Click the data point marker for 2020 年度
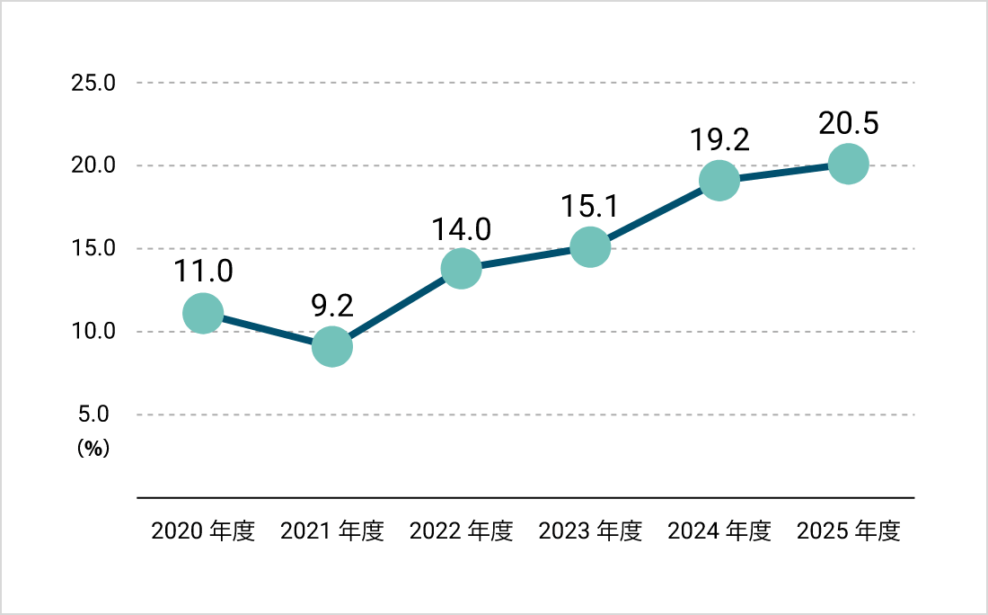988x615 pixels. (x=203, y=313)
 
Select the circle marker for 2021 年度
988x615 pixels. (x=332, y=346)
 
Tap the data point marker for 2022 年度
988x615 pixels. (x=462, y=268)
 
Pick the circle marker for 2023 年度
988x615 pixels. (x=590, y=246)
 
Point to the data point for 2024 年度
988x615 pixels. (x=719, y=180)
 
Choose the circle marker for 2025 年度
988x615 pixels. (x=848, y=164)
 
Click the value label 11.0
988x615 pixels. (x=203, y=272)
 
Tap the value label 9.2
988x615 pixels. (x=332, y=306)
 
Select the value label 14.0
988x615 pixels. (x=462, y=229)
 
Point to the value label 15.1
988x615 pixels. (x=590, y=206)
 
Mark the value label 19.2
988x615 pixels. (x=719, y=139)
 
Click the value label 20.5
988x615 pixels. (x=848, y=123)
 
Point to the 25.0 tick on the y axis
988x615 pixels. (x=93, y=83)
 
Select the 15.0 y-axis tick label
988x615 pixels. (x=93, y=248)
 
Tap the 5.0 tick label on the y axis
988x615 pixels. (x=93, y=414)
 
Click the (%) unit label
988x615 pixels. (x=93, y=449)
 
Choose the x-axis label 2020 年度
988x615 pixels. (x=203, y=531)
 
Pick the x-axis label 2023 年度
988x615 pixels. (x=590, y=531)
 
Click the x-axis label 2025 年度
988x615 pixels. (x=848, y=531)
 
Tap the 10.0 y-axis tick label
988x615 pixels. (x=93, y=331)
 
